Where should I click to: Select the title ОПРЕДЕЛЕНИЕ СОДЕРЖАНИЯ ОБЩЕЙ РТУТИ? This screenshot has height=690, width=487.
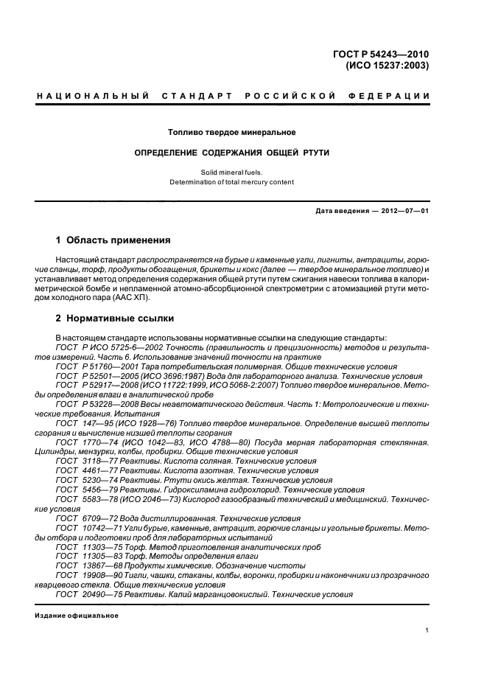coord(231,153)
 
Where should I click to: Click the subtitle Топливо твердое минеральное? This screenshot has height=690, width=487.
coord(231,133)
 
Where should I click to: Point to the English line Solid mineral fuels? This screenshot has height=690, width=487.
coord(231,171)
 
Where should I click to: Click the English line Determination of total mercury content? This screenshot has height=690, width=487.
coord(231,181)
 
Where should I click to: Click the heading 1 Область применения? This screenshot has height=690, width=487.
coord(113,240)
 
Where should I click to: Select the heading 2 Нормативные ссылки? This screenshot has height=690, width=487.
coord(115,318)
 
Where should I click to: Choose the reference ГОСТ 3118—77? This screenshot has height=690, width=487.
coord(84,461)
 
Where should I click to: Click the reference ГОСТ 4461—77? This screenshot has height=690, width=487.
coord(84,470)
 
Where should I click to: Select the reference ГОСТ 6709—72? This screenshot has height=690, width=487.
coord(84,517)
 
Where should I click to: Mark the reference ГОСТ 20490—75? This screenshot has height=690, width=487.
coord(87,594)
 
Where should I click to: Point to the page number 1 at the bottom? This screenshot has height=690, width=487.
coord(427,630)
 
